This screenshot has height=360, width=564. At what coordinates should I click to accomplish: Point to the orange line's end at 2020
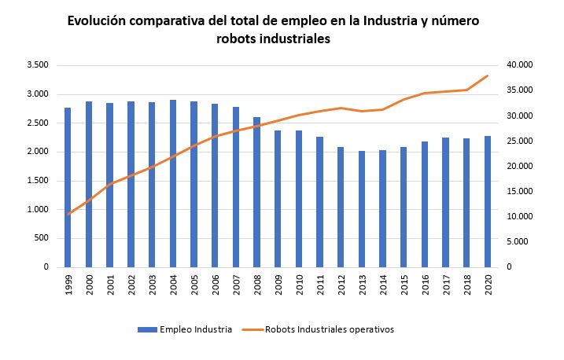[488, 75]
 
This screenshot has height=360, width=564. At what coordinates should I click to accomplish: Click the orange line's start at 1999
[68, 214]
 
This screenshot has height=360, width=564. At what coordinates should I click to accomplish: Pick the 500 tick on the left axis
[42, 238]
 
